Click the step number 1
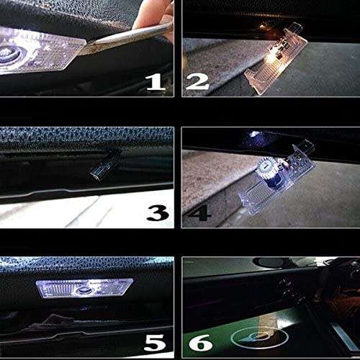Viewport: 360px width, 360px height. [x=155, y=81]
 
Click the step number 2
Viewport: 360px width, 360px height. [x=197, y=81]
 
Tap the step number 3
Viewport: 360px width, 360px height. [x=156, y=212]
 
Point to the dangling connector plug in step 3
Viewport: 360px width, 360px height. [x=99, y=170]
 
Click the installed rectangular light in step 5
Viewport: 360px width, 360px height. [x=85, y=289]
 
